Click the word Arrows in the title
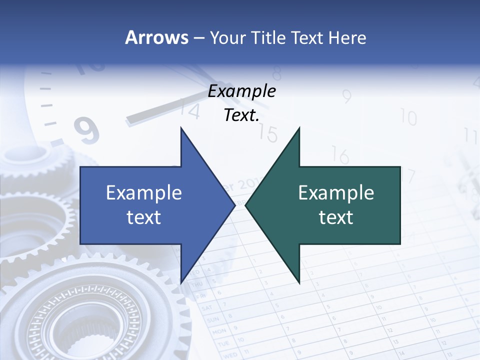pyautogui.click(x=156, y=37)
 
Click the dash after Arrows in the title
pyautogui.click(x=198, y=38)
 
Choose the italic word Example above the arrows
pyautogui.click(x=241, y=91)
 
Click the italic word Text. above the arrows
pyautogui.click(x=241, y=115)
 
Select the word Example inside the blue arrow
pyautogui.click(x=144, y=192)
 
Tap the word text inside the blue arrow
pyautogui.click(x=144, y=217)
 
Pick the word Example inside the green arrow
pyautogui.click(x=336, y=192)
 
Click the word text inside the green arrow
pyautogui.click(x=336, y=217)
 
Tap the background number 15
pyautogui.click(x=268, y=134)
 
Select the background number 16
pyautogui.click(x=340, y=156)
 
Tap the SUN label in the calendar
pyautogui.click(x=213, y=319)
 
